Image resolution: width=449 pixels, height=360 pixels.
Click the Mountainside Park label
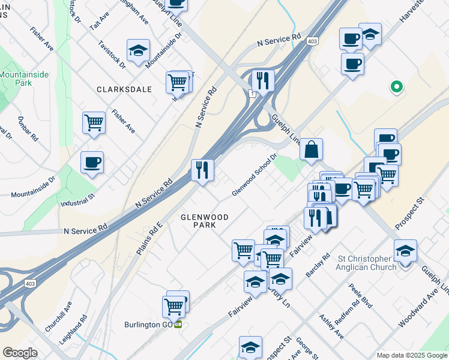click(24, 79)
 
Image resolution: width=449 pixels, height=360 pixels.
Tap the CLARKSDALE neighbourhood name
click(124, 89)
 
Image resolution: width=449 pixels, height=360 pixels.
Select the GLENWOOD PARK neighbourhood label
click(204, 220)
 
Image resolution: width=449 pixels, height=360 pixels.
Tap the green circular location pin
click(396, 87)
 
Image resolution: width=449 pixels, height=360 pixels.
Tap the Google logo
click(20, 353)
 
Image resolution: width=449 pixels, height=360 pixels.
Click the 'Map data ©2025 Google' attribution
click(411, 355)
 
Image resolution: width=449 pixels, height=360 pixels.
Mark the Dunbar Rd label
click(27, 129)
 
